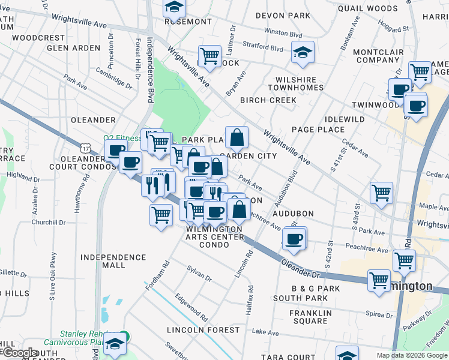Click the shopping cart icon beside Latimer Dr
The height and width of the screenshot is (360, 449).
[209, 56]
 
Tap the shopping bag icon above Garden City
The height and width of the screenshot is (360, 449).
[237, 137]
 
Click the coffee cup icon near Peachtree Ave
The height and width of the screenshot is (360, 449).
[294, 238]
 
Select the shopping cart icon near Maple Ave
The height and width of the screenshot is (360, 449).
[381, 193]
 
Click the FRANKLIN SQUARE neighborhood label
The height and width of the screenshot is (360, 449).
[310, 317]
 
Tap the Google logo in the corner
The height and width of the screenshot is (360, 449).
[19, 352]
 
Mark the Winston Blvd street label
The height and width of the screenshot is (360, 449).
[283, 35]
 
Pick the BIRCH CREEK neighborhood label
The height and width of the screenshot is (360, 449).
[268, 100]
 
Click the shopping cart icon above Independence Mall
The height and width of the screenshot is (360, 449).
[161, 214]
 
